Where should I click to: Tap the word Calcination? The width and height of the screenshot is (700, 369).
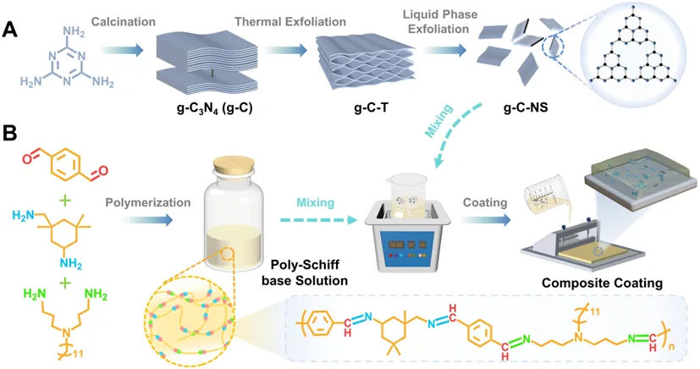point(124,21)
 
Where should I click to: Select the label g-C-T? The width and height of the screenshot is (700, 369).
point(372,107)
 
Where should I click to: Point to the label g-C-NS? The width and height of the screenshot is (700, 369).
point(526,107)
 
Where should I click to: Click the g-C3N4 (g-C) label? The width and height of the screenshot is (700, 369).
point(212,108)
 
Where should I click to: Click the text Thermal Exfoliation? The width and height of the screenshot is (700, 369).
point(290,21)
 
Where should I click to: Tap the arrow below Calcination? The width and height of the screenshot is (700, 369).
point(121,50)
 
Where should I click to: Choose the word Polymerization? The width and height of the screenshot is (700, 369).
point(148,202)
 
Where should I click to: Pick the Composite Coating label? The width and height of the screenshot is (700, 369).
point(602,283)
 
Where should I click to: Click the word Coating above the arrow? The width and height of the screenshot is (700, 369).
point(485,202)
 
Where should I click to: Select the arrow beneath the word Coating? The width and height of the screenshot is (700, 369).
point(486,219)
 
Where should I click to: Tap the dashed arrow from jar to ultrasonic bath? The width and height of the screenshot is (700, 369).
point(319,219)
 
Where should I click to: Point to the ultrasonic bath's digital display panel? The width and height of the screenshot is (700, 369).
point(406,245)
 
